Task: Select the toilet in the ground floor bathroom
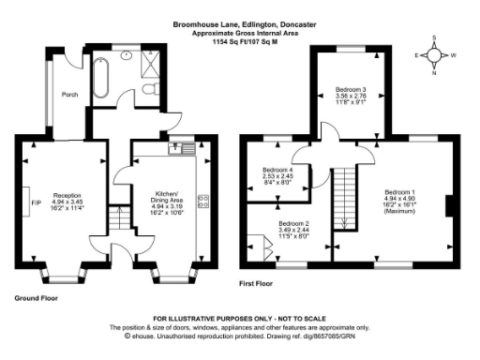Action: (150, 86)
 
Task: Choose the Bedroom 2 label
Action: (292, 224)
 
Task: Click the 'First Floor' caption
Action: (256, 281)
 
